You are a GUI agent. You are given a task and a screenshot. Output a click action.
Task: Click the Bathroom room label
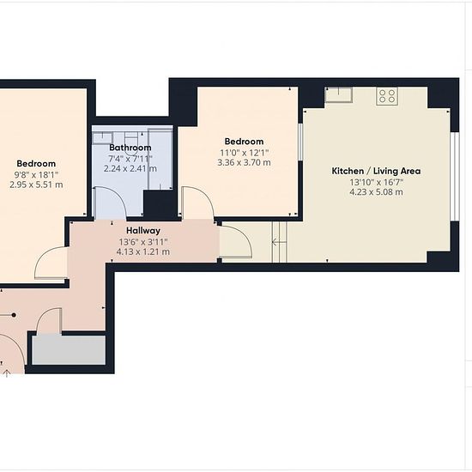point(130,148)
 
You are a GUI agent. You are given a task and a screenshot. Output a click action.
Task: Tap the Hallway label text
point(143,231)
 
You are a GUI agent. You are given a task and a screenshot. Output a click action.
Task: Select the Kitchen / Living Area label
point(376,171)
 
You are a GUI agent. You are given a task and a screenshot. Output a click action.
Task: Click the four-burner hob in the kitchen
point(387,96)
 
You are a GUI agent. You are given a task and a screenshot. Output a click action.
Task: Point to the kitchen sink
point(339,94)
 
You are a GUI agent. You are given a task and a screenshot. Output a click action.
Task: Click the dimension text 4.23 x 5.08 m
point(376,192)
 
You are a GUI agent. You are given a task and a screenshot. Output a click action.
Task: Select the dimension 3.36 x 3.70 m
point(244,162)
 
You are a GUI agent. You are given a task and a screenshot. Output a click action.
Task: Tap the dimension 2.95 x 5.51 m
point(36,185)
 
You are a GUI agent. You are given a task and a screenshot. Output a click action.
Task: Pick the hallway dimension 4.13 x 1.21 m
point(143,251)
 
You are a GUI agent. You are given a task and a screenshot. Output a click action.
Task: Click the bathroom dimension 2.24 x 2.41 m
point(130,168)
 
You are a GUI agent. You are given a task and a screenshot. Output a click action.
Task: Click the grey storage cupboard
point(69,350)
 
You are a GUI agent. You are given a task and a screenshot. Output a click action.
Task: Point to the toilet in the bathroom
point(130,141)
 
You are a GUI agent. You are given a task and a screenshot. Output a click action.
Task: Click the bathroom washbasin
point(103,138)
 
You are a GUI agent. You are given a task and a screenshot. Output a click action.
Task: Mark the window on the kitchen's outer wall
point(457,177)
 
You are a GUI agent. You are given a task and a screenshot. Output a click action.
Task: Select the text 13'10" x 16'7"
point(376,182)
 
